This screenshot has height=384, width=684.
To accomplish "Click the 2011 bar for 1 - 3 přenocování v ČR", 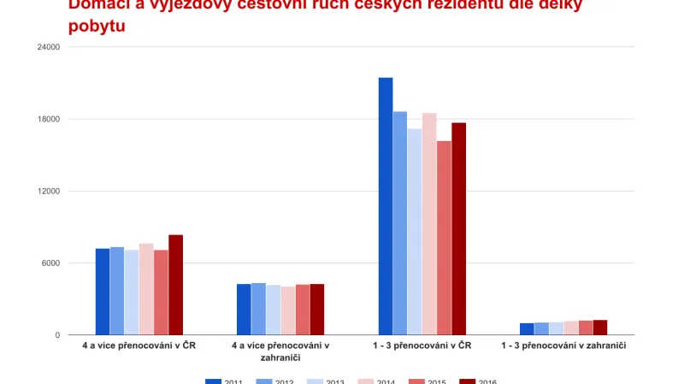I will [x=386, y=206].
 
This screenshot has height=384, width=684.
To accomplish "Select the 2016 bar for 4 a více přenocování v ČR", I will [x=175, y=285].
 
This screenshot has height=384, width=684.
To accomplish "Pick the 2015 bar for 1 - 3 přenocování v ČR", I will [x=444, y=238].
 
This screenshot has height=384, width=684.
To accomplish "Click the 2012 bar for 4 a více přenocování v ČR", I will [x=117, y=291].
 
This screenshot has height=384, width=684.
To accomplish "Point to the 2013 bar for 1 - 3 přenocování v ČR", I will [x=415, y=232].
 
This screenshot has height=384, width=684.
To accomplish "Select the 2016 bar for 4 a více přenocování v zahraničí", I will [x=317, y=309].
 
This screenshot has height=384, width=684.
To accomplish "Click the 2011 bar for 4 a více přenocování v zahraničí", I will [x=244, y=309].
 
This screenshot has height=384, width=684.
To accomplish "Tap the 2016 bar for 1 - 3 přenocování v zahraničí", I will [x=600, y=328].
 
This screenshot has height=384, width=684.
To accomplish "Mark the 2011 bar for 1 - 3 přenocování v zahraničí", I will [x=527, y=329].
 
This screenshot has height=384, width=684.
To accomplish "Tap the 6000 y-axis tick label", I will [x=50, y=263].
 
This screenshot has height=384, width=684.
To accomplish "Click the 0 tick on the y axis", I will [x=56, y=335].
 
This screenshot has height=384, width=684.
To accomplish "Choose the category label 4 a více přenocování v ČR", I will [x=139, y=346].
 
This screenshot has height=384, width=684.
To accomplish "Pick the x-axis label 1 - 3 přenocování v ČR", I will [x=422, y=346].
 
